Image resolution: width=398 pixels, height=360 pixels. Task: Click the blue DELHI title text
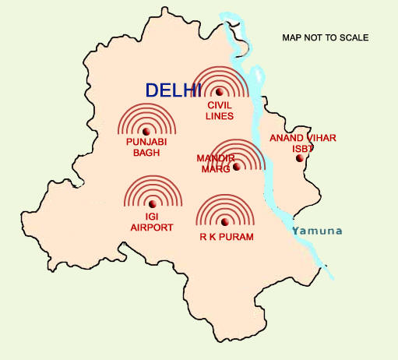[x=174, y=90]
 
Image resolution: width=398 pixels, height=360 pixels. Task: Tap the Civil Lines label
[x=220, y=110]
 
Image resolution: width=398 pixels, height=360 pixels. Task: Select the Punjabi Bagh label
[x=146, y=147]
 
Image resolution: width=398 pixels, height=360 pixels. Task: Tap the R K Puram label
[x=225, y=235]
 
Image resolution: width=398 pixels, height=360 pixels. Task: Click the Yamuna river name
[x=316, y=231]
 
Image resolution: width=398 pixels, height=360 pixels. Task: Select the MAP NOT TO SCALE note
[x=326, y=37]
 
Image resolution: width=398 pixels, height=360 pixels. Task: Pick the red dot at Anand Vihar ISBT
[x=298, y=158]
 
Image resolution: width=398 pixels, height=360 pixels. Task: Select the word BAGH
[x=146, y=153]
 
